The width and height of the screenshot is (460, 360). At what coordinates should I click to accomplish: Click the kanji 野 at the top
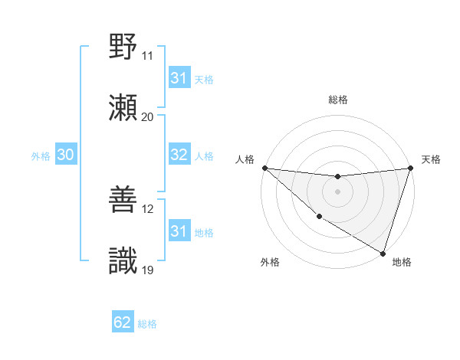[123, 47]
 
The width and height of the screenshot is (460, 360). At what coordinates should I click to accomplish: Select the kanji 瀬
[123, 108]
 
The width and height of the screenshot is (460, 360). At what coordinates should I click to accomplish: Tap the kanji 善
[123, 200]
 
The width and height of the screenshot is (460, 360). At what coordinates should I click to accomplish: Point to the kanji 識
[123, 261]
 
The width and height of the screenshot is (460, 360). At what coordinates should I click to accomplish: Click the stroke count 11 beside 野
[147, 56]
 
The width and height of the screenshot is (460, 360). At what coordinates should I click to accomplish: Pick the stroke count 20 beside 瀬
[147, 117]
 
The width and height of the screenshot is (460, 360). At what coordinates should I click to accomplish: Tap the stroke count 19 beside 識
[147, 270]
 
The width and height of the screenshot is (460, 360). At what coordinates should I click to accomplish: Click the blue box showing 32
[179, 155]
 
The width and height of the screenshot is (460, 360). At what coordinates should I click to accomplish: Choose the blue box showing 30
[65, 155]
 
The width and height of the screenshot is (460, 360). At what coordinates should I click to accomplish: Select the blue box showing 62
[123, 322]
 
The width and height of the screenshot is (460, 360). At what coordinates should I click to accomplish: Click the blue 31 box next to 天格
[179, 78]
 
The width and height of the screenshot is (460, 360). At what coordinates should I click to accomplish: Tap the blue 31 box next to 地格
[179, 231]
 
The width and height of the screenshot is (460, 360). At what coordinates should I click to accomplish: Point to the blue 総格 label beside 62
[147, 324]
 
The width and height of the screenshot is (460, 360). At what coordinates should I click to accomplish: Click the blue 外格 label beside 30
[41, 155]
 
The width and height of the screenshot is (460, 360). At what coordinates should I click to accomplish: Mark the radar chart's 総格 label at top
[337, 100]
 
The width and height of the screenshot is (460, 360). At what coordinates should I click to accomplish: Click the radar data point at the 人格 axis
[264, 168]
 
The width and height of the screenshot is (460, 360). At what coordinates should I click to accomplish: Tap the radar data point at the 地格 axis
[383, 253]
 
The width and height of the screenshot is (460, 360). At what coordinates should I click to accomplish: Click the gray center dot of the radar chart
[337, 191]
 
